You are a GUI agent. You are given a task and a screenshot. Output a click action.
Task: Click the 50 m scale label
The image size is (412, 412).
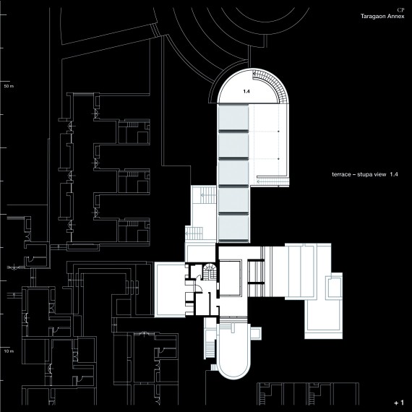(9, 86)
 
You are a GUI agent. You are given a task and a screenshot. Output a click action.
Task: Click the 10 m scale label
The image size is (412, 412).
(9, 351)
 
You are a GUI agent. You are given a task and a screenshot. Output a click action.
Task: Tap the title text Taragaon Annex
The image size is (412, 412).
(382, 17)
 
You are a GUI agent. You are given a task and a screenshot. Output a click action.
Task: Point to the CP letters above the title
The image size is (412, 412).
(400, 10)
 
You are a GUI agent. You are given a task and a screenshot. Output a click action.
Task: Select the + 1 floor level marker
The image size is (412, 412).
(399, 403)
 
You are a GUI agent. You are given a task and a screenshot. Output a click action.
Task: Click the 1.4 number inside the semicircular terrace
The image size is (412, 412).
(246, 92)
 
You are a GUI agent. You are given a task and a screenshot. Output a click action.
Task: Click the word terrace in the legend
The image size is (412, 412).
(340, 174)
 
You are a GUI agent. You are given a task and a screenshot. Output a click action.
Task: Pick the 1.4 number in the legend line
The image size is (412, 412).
(394, 174)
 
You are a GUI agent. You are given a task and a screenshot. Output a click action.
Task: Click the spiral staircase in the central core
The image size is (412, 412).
(210, 272)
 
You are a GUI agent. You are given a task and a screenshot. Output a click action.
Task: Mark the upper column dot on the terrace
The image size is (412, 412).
(278, 131)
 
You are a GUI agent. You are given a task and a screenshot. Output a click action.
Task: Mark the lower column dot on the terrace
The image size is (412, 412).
(278, 159)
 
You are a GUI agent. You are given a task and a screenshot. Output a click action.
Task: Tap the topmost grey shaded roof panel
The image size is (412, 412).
(233, 117)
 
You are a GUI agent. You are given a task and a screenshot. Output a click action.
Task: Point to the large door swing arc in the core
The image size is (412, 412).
(199, 288)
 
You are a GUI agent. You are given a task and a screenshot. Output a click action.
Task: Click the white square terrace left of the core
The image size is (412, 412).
(170, 290)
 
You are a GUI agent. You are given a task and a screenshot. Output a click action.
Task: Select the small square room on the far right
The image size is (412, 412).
(334, 286)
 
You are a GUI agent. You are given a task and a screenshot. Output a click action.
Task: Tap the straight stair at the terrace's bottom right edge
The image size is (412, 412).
(272, 181)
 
